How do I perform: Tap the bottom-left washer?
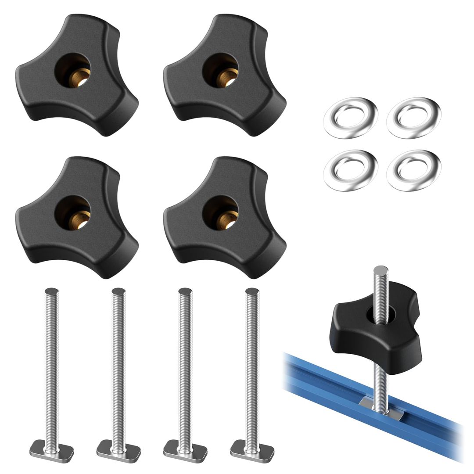coord(350,170)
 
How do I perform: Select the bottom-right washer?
coord(414,170)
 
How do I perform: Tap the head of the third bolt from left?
coord(185,447)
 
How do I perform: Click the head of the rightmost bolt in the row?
coord(251,447)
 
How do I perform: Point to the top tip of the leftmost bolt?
coord(52,291)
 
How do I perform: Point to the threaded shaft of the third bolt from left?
coord(185,364)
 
